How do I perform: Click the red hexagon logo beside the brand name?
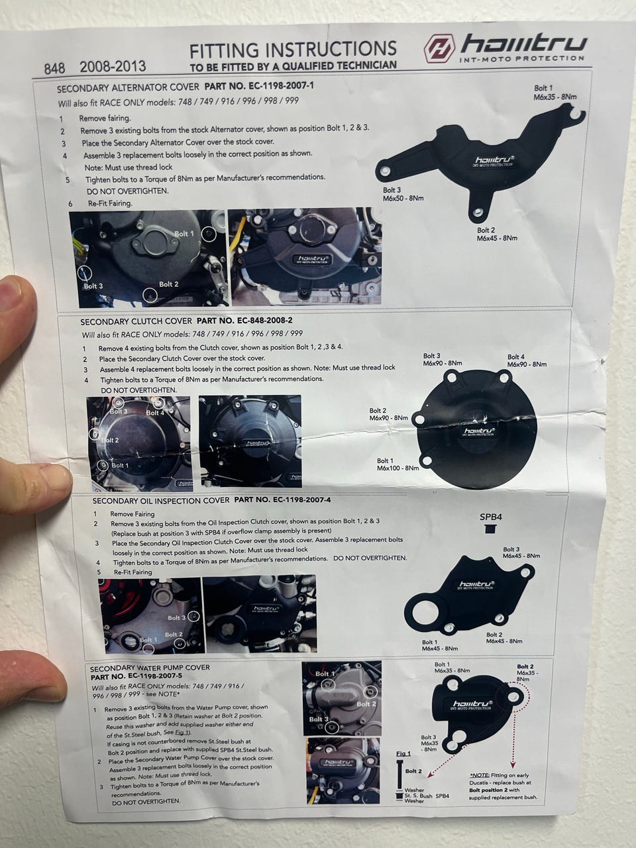click(440, 48)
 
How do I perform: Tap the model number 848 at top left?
click(54, 68)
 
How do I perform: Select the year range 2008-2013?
click(113, 66)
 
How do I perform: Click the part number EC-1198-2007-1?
click(259, 86)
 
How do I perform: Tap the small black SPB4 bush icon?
click(490, 529)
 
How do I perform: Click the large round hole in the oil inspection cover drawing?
click(425, 612)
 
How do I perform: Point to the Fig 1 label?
click(403, 753)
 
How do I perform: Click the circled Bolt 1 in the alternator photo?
click(209, 234)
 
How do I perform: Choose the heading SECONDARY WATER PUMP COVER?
click(150, 668)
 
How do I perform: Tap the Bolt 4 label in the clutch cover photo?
click(155, 413)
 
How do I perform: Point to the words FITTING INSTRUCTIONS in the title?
click(293, 50)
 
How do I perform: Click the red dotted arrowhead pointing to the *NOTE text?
click(513, 765)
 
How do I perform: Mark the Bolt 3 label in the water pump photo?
click(319, 719)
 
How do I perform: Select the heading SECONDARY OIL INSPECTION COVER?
click(161, 501)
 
